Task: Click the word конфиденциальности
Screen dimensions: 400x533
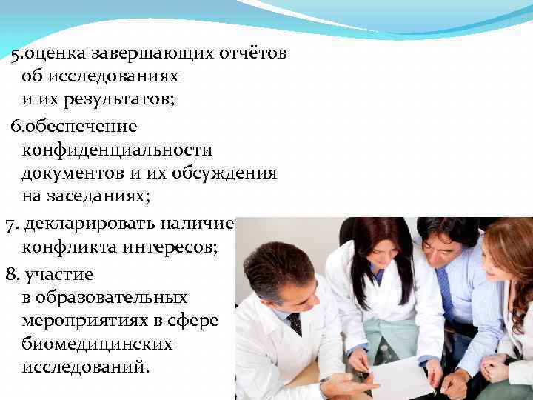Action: click(117, 150)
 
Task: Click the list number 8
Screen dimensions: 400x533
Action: click(11, 275)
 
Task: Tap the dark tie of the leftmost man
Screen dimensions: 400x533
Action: click(295, 324)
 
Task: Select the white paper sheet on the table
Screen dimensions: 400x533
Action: click(403, 377)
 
